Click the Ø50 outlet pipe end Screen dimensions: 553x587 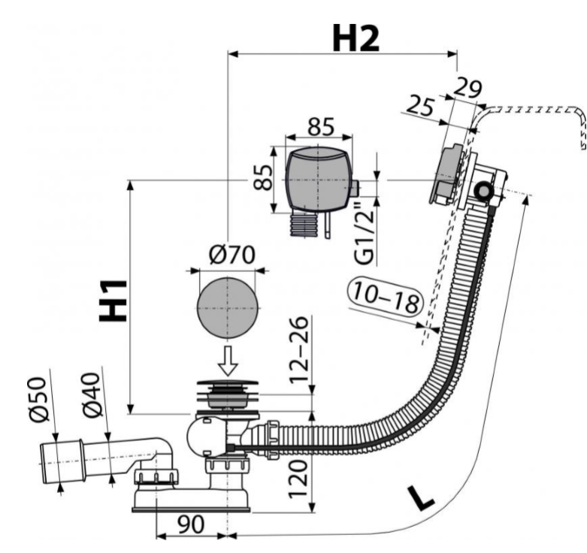coord(56,459)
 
